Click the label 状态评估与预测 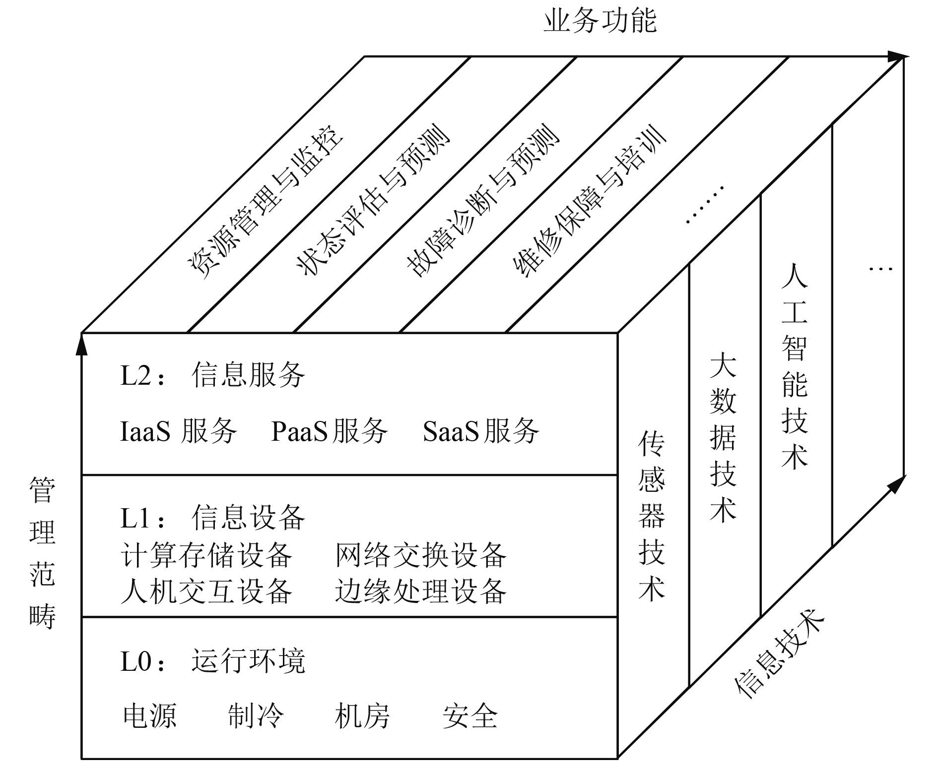coord(372,201)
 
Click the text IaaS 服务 coord(179,431)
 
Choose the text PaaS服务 coord(329,431)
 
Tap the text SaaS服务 coord(480,431)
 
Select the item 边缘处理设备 coord(420,591)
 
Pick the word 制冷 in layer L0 coord(256,716)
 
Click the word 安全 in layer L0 coord(469,716)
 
